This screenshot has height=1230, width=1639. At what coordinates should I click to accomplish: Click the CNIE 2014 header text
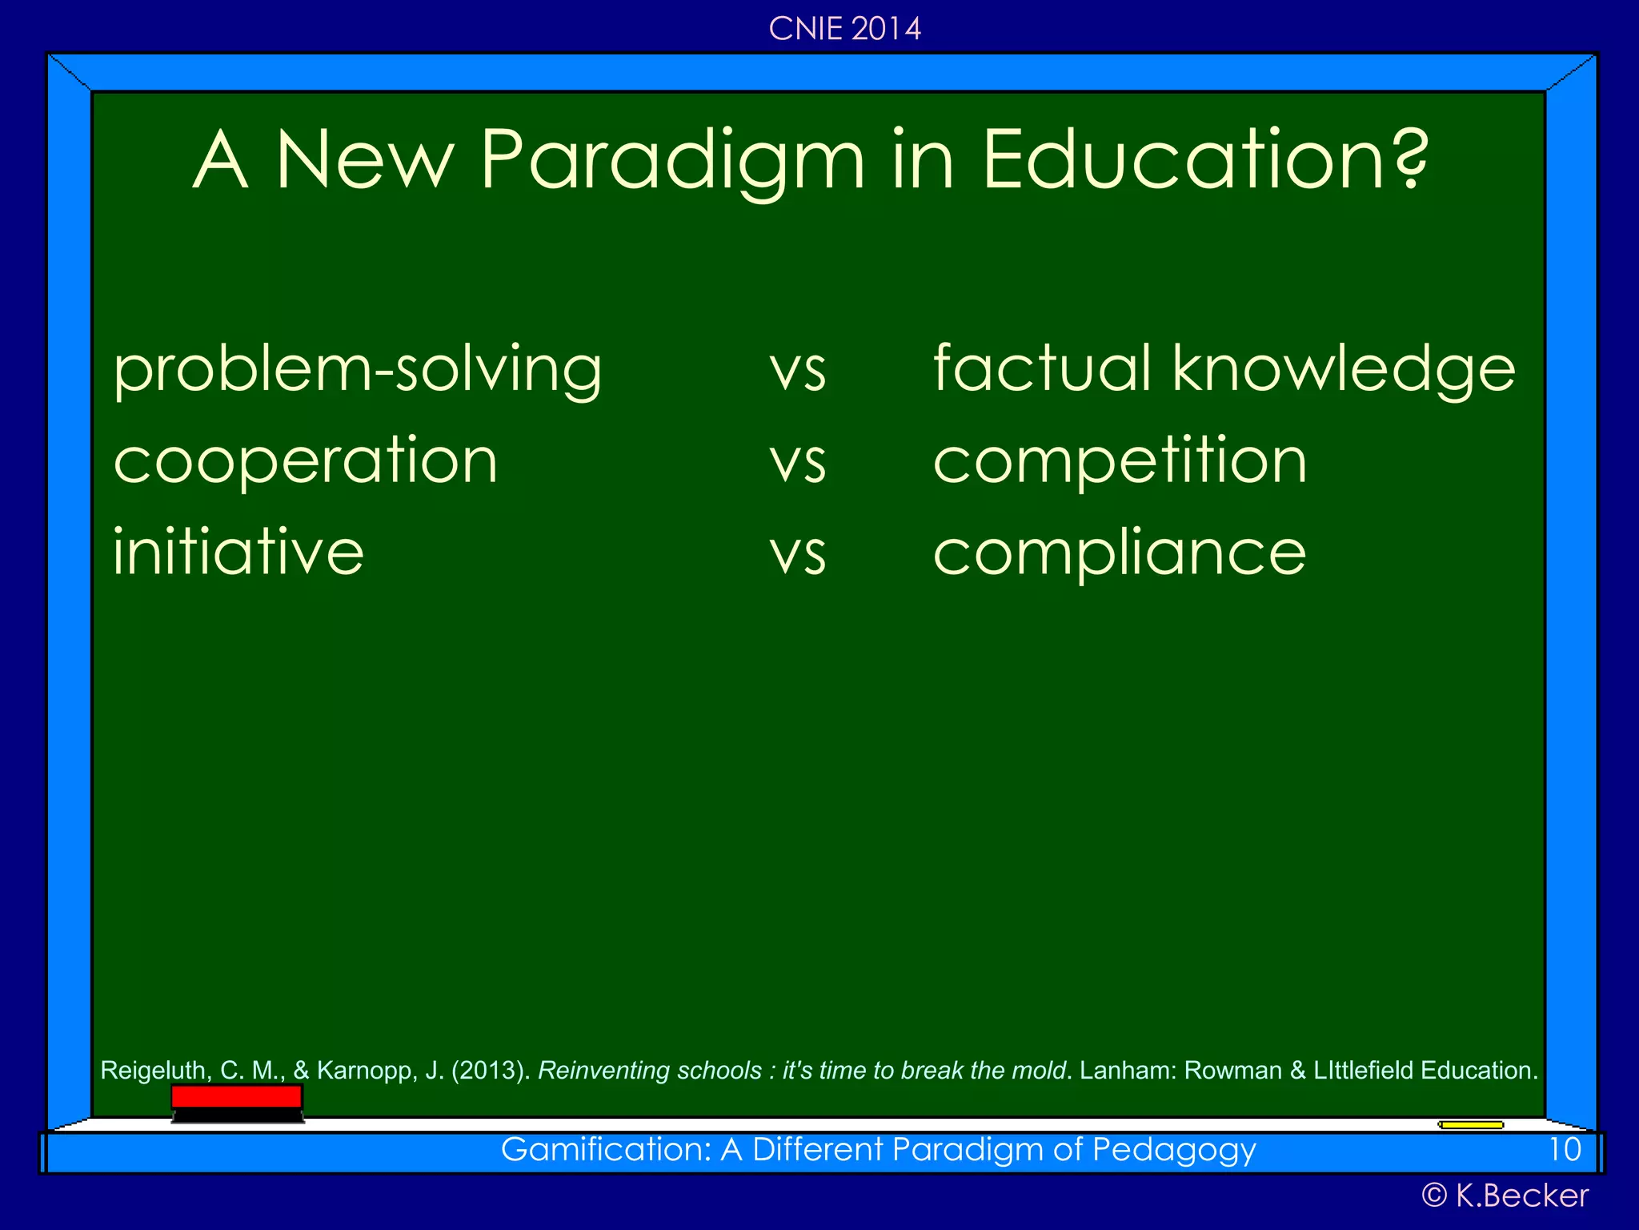(844, 29)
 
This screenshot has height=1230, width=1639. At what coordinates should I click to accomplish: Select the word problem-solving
(358, 371)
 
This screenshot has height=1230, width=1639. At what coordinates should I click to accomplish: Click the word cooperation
(306, 462)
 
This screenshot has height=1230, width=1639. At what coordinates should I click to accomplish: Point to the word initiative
(238, 553)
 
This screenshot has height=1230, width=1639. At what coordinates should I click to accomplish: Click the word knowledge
(1344, 371)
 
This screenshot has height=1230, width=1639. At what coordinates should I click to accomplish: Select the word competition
(1120, 462)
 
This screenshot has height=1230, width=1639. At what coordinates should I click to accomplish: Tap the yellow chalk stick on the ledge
(1471, 1125)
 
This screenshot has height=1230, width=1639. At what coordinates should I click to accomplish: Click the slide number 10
(1565, 1150)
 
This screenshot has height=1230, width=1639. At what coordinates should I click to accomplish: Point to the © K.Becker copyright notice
(1505, 1196)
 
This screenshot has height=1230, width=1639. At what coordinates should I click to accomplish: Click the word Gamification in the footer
(606, 1150)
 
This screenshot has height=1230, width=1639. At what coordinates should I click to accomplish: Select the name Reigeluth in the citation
(153, 1071)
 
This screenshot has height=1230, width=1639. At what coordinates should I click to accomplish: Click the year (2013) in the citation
(490, 1071)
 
